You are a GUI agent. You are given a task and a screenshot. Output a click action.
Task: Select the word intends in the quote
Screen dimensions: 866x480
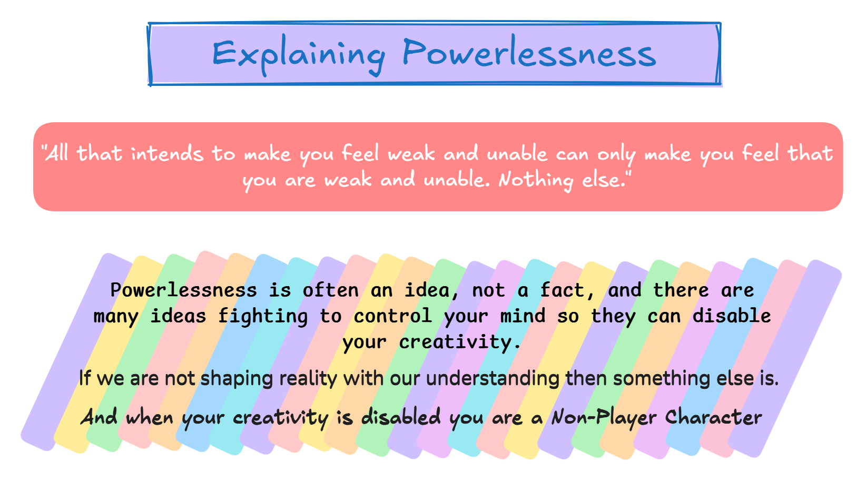pyautogui.click(x=167, y=153)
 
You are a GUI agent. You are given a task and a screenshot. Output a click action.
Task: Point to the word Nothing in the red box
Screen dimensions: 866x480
pyautogui.click(x=536, y=180)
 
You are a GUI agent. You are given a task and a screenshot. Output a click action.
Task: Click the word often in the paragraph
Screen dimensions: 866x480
pyautogui.click(x=331, y=290)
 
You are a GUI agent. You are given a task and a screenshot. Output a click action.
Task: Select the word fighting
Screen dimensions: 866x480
pyautogui.click(x=263, y=316)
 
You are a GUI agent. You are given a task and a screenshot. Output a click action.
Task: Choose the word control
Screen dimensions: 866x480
pyautogui.click(x=393, y=316)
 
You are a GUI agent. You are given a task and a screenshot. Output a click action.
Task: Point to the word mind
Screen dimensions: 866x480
pyautogui.click(x=523, y=316)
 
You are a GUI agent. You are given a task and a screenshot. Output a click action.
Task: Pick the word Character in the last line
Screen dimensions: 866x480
pyautogui.click(x=713, y=417)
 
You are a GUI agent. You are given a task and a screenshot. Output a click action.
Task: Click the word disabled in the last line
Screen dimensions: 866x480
pyautogui.click(x=401, y=416)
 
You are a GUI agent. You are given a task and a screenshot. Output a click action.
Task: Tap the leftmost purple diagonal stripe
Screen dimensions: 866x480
pyautogui.click(x=76, y=352)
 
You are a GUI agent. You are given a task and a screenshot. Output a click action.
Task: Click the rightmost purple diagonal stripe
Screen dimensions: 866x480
pyautogui.click(x=785, y=358)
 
